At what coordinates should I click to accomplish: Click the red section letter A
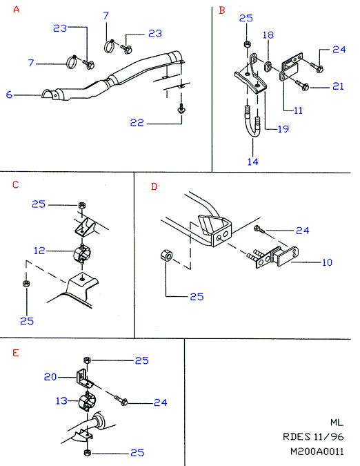tap(17, 10)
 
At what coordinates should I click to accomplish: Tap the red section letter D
tap(154, 186)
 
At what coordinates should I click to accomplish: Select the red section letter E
tap(16, 353)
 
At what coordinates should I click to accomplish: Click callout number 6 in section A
tap(9, 95)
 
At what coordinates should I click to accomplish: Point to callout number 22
tap(137, 123)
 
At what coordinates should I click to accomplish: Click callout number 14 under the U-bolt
tap(253, 162)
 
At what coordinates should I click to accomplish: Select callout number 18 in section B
tap(268, 35)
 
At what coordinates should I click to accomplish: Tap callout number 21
tap(338, 86)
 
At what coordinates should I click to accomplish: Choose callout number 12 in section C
tap(39, 251)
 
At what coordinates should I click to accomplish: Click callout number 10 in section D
tap(327, 262)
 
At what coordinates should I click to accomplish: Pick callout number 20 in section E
tap(50, 377)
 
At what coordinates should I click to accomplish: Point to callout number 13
tap(62, 401)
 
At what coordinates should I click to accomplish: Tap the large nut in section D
tap(166, 256)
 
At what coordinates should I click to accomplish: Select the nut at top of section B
tap(247, 45)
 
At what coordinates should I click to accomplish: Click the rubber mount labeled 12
tap(81, 254)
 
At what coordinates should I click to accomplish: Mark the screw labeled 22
tap(181, 109)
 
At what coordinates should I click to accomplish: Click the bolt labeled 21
tap(302, 86)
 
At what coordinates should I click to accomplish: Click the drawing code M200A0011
tap(317, 452)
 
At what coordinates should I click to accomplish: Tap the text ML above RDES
tap(337, 423)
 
